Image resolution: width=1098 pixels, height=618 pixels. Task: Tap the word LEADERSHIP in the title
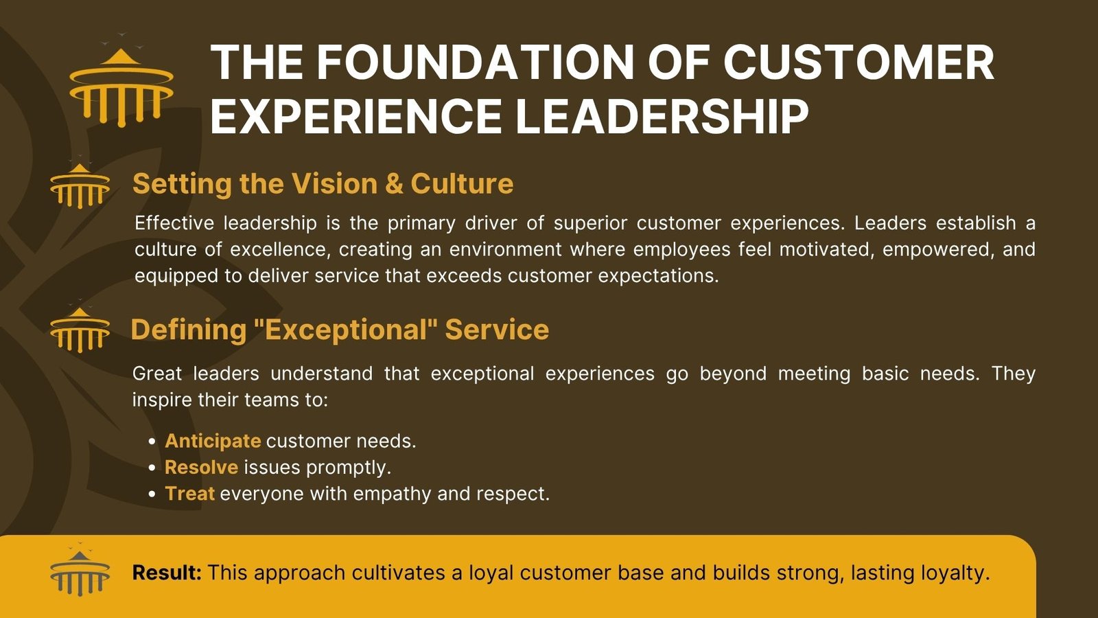pyautogui.click(x=662, y=116)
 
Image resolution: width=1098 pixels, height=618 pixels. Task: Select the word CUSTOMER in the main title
pyautogui.click(x=858, y=62)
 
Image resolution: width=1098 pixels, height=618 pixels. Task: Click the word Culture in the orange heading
pyautogui.click(x=462, y=184)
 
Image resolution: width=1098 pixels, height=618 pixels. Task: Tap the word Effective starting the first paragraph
pyautogui.click(x=174, y=223)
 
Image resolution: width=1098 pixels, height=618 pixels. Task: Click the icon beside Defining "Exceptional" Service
pyautogui.click(x=80, y=327)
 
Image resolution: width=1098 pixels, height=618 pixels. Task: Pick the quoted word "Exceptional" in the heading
pyautogui.click(x=346, y=329)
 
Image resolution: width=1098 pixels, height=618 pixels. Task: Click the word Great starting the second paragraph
pyautogui.click(x=157, y=374)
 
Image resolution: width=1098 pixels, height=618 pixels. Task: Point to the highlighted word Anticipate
pyautogui.click(x=213, y=442)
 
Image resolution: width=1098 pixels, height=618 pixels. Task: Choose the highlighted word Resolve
pyautogui.click(x=202, y=468)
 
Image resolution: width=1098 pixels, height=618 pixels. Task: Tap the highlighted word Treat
pyautogui.click(x=189, y=494)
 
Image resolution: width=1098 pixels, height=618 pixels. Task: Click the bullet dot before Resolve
pyautogui.click(x=152, y=468)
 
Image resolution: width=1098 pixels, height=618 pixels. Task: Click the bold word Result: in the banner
pyautogui.click(x=167, y=573)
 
